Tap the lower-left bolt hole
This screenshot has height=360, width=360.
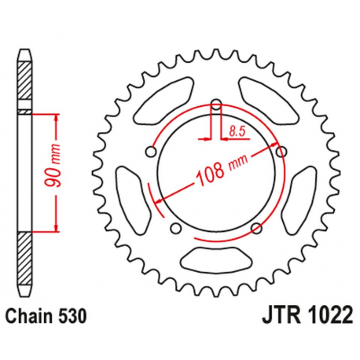pyautogui.click(x=175, y=229)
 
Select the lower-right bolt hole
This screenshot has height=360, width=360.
pyautogui.click(x=256, y=229)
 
